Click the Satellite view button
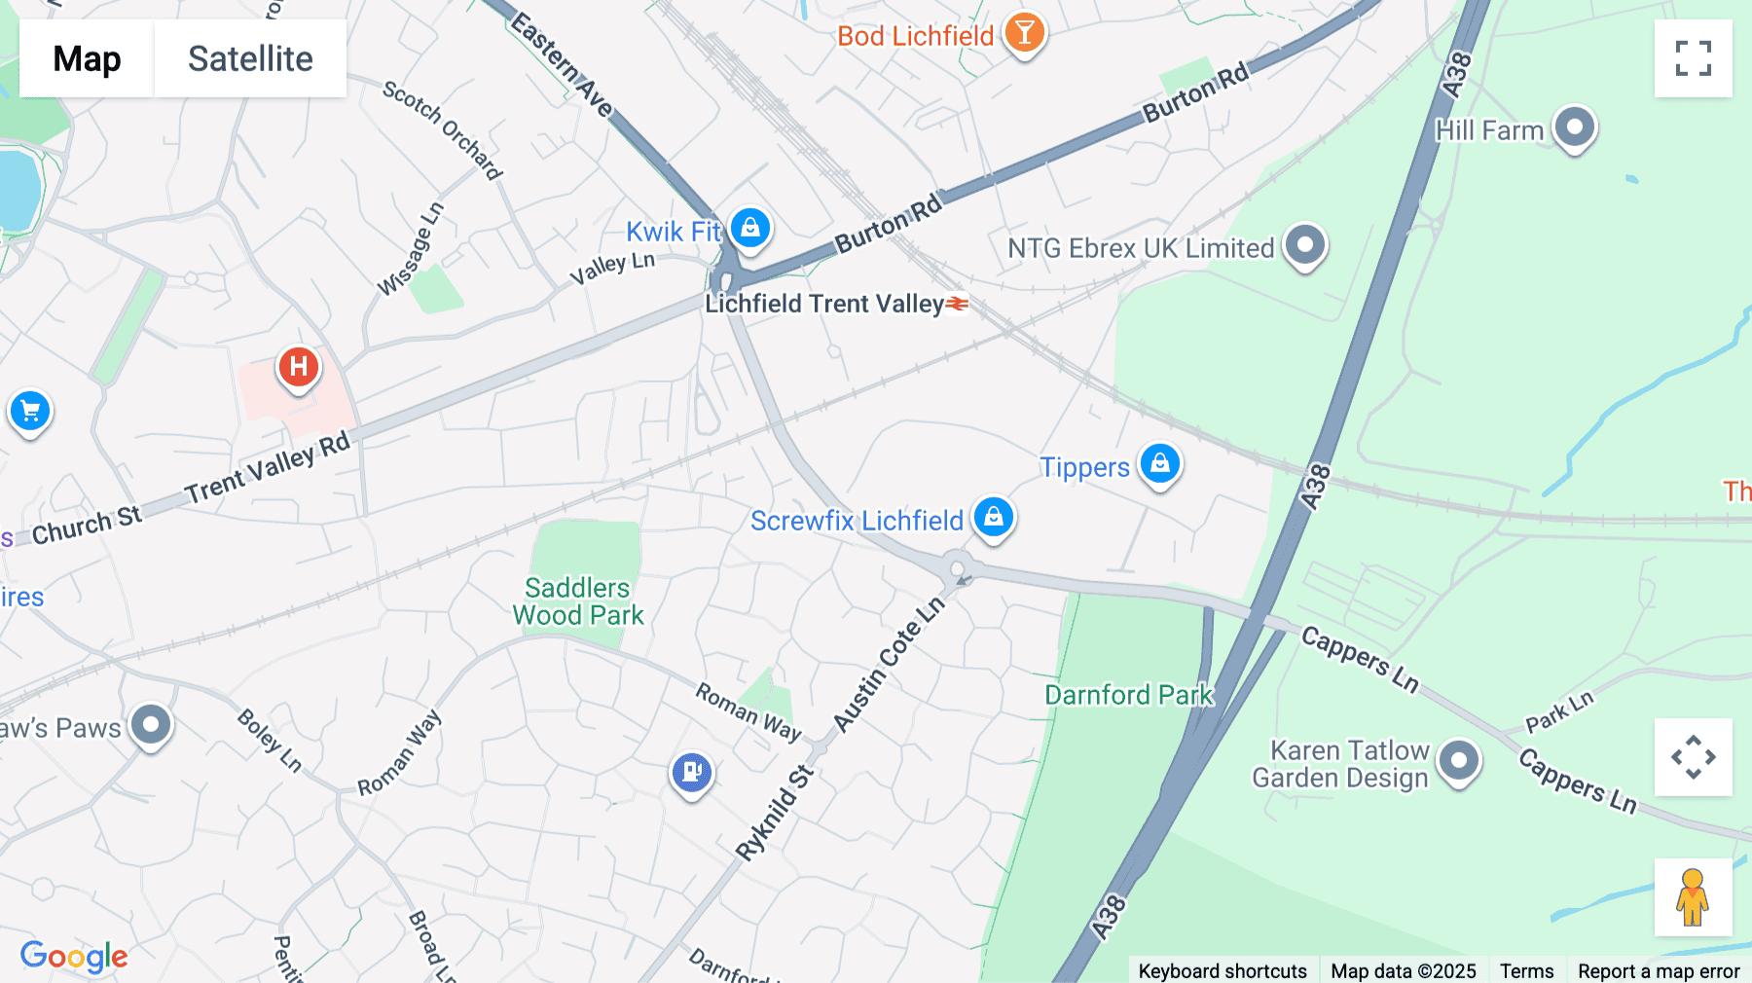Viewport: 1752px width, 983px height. point(250,58)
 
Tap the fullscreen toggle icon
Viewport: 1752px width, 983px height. point(1693,58)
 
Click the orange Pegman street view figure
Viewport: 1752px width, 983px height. point(1693,897)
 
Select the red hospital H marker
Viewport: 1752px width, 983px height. point(298,367)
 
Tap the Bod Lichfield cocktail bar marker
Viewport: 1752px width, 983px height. point(1024,33)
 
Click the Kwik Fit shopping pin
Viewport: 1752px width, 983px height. point(749,229)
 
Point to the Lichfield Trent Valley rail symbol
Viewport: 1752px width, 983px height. point(958,305)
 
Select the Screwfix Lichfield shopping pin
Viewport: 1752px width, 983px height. point(994,517)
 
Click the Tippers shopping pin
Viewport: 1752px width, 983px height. point(1160,464)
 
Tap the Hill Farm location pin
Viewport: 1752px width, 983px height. point(1574,127)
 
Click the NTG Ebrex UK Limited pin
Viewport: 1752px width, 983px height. point(1304,244)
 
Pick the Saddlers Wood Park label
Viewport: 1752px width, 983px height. point(578,601)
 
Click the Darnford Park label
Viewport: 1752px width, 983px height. point(1129,695)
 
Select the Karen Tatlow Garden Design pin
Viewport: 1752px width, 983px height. point(1458,760)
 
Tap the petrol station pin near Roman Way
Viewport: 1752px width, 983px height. point(692,772)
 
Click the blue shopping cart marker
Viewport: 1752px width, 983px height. point(30,411)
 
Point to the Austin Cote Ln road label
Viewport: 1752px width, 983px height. point(889,665)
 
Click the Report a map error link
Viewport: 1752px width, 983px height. point(1659,970)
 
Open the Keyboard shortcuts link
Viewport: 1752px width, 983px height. point(1223,970)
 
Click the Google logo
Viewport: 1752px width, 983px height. point(74,957)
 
